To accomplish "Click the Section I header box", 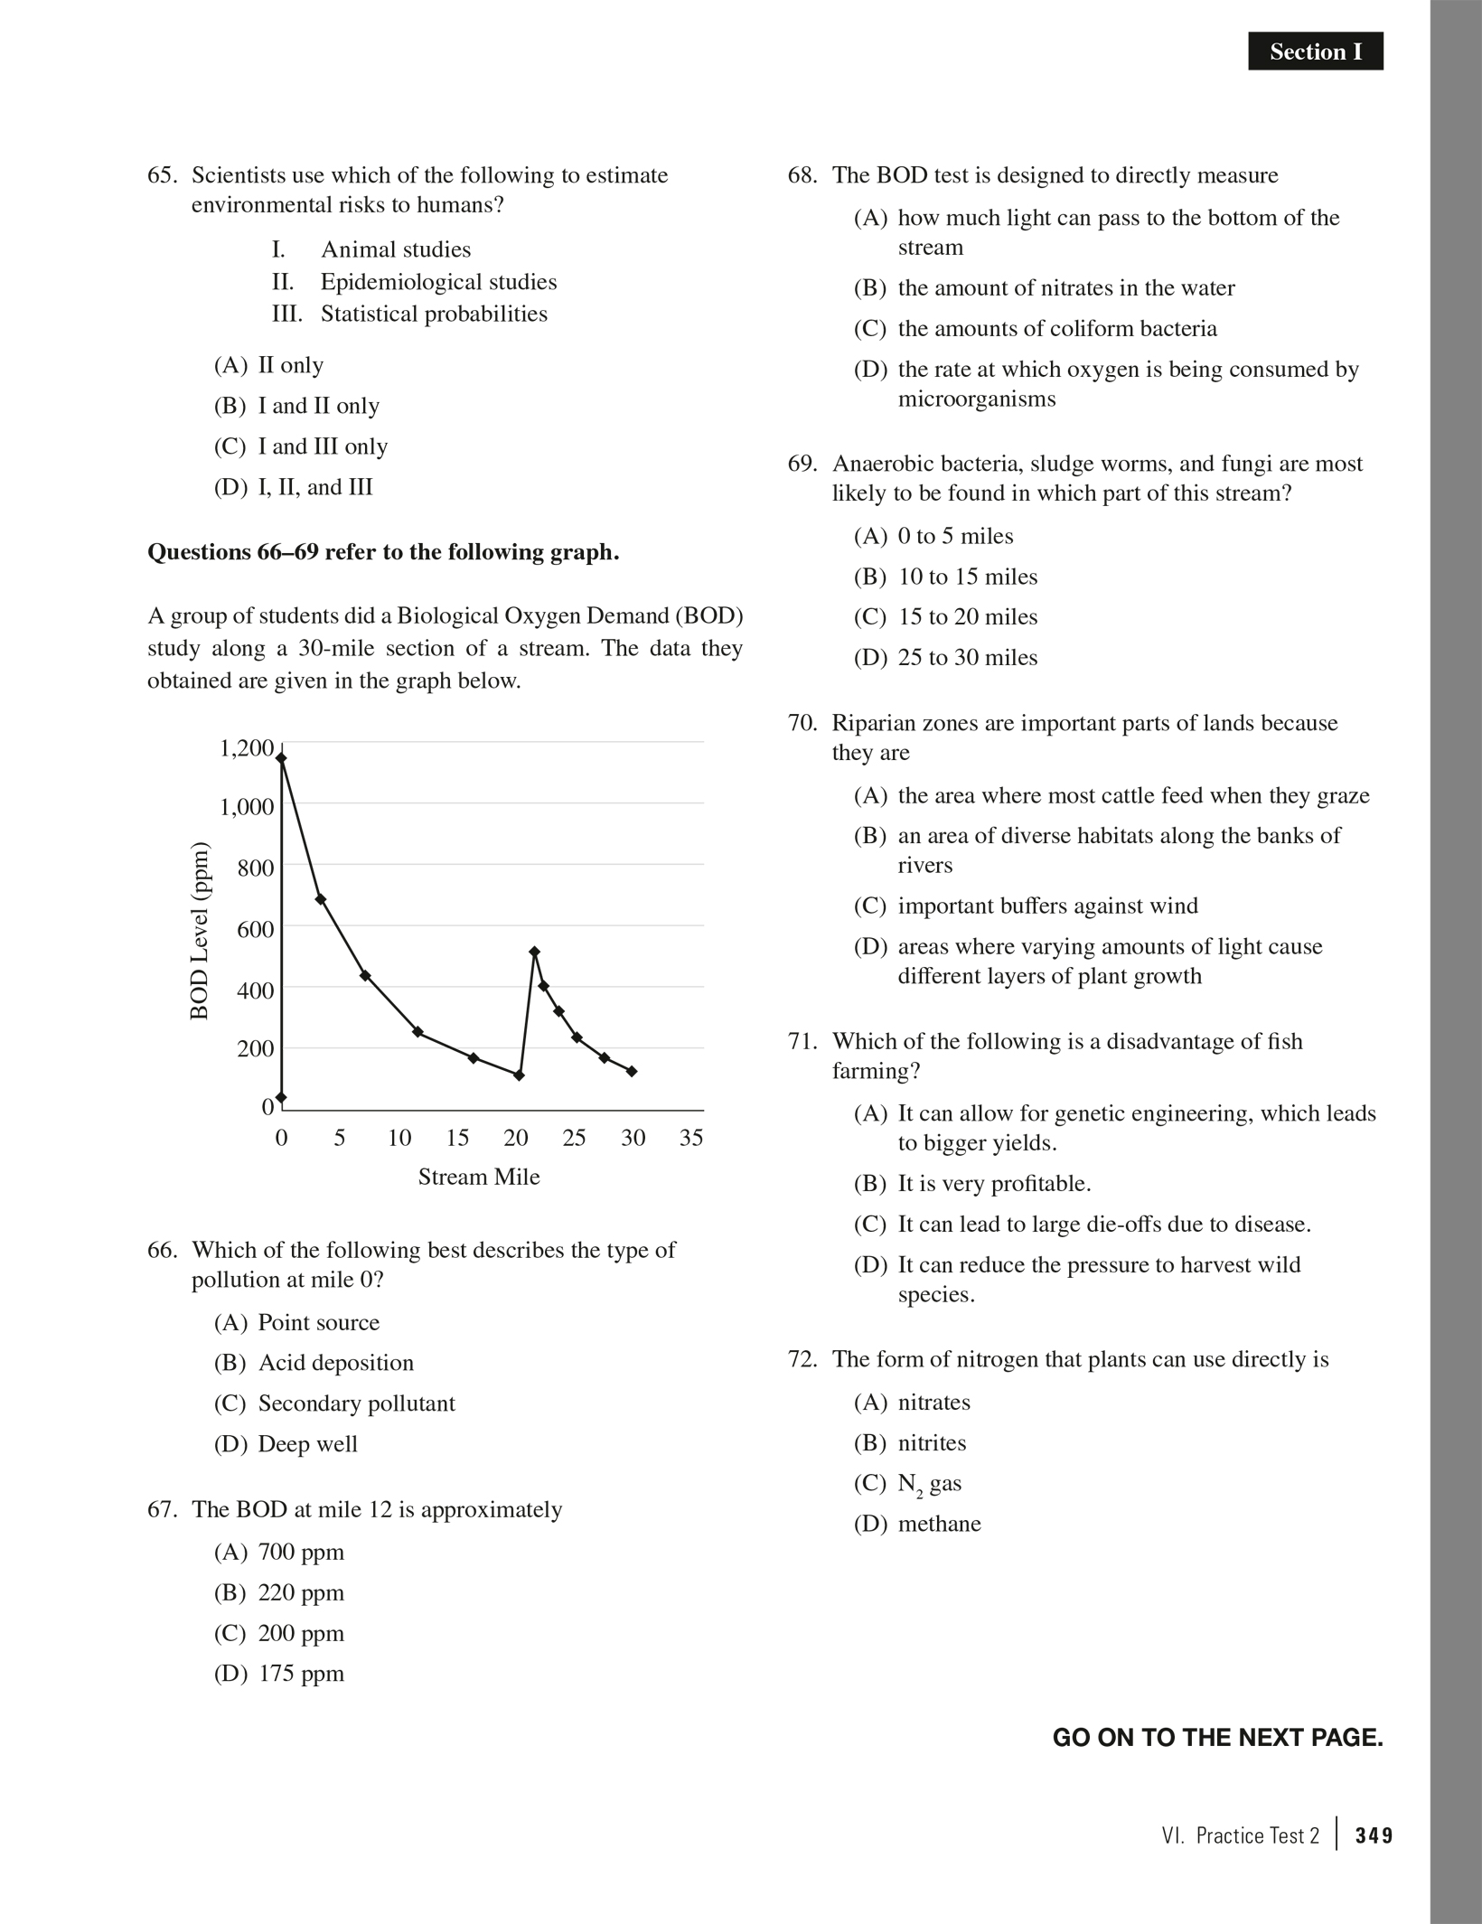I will click(1315, 52).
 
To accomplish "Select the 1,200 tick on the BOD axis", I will click(246, 748).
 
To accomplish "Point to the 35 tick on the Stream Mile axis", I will click(691, 1138).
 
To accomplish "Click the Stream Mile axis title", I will click(478, 1177).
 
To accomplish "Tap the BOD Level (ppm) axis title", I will click(200, 931).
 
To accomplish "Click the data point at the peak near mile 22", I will click(534, 952).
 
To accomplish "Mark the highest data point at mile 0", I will click(281, 758).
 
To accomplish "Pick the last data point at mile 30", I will click(632, 1071).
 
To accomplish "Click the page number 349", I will click(1374, 1835).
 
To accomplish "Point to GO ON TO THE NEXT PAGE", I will click(1217, 1738).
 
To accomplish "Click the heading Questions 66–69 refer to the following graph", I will click(383, 552).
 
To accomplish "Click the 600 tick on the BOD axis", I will click(255, 929).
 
